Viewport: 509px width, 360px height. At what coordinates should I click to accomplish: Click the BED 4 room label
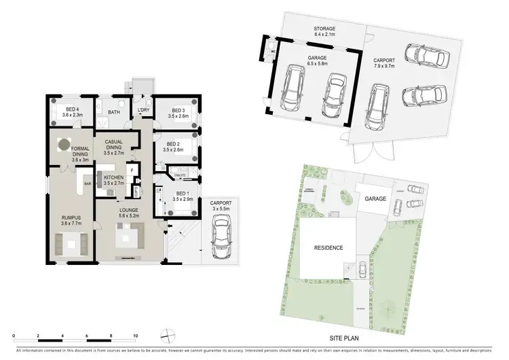(x=73, y=111)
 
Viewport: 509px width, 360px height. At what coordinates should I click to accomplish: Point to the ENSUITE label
(x=180, y=176)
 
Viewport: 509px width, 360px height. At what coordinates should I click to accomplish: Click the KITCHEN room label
(x=113, y=179)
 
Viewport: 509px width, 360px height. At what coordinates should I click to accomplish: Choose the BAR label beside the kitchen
(x=87, y=183)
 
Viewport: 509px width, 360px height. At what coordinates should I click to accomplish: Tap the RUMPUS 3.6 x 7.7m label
(x=71, y=219)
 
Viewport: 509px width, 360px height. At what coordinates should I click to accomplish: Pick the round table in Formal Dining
(x=64, y=145)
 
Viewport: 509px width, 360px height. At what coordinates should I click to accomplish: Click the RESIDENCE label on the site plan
(x=327, y=248)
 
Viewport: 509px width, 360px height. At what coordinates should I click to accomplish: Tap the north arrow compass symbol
(x=166, y=334)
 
